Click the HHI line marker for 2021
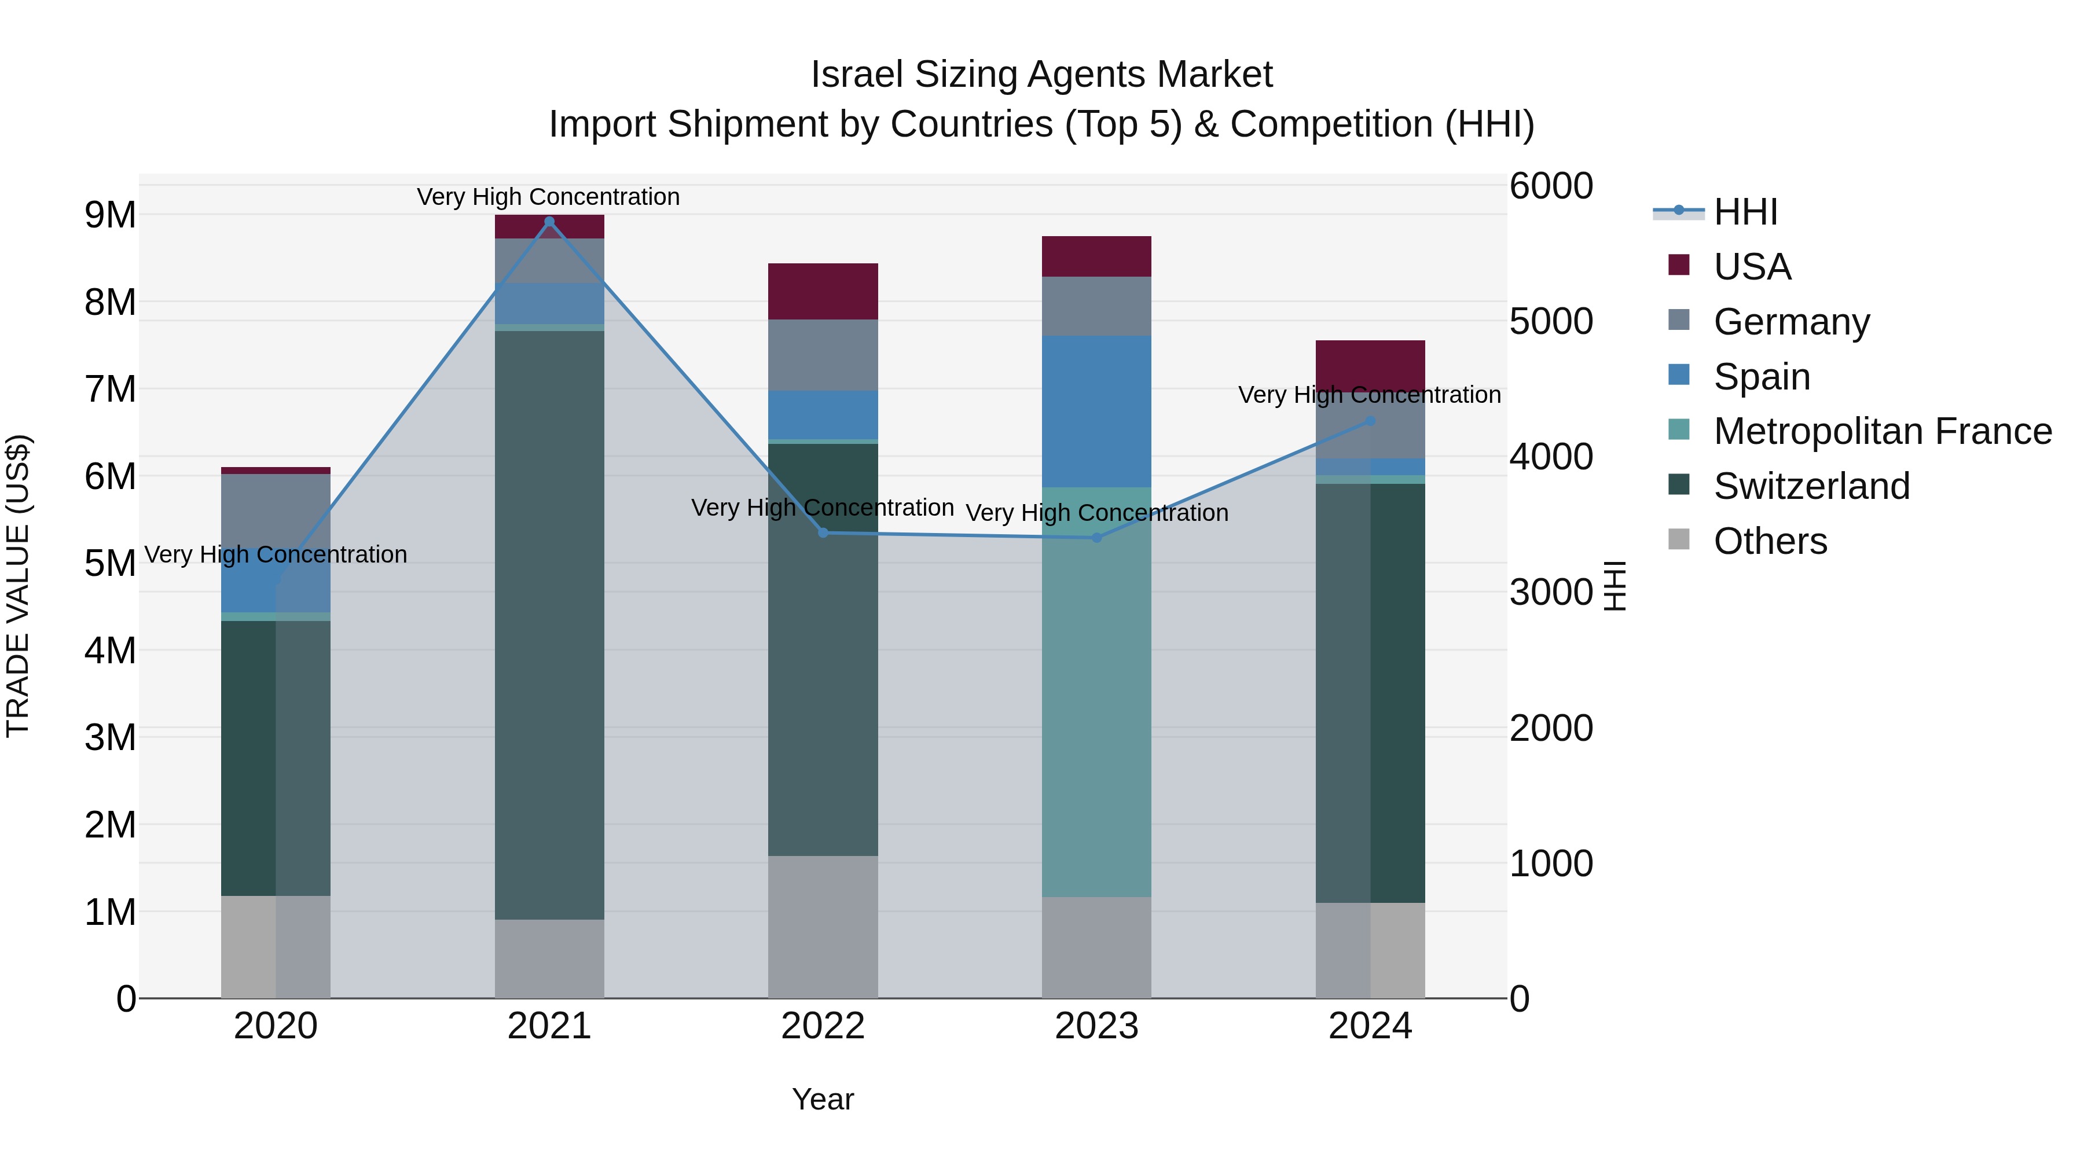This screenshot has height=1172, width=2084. click(x=549, y=222)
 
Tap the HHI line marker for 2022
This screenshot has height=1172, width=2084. click(x=823, y=533)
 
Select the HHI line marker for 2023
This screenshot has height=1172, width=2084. click(x=1097, y=538)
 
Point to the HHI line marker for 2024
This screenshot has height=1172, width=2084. click(x=1370, y=421)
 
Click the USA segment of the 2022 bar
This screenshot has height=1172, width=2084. click(x=823, y=291)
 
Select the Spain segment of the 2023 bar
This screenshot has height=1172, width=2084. click(x=1096, y=411)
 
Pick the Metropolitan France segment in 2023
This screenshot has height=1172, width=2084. click(x=1096, y=692)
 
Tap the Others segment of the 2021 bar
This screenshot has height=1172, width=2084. click(x=549, y=958)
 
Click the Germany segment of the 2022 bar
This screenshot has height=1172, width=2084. click(x=823, y=355)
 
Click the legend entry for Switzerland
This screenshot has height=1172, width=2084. click(x=1811, y=486)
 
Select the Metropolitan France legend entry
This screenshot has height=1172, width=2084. click(x=1882, y=431)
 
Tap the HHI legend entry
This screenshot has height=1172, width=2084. click(x=1744, y=212)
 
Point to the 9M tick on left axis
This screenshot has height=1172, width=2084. click(x=110, y=215)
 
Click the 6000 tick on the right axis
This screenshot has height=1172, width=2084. click(x=1550, y=186)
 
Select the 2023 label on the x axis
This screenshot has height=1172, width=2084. click(x=1096, y=1026)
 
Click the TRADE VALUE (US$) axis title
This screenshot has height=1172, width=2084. click(x=19, y=586)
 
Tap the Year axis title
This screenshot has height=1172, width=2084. click(x=823, y=1099)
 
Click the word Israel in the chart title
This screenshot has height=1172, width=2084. click(x=856, y=75)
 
